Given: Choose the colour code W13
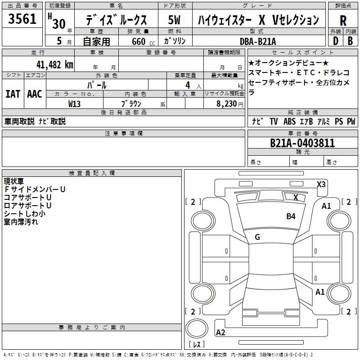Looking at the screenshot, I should point(75,104).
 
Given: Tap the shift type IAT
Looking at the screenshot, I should point(13,94).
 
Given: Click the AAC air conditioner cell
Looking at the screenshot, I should point(35,94).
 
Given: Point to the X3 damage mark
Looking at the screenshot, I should point(321,184).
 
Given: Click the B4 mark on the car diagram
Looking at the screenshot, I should point(291,216).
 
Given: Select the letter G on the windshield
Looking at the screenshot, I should point(257,237).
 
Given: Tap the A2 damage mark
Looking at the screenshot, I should point(220,333).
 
